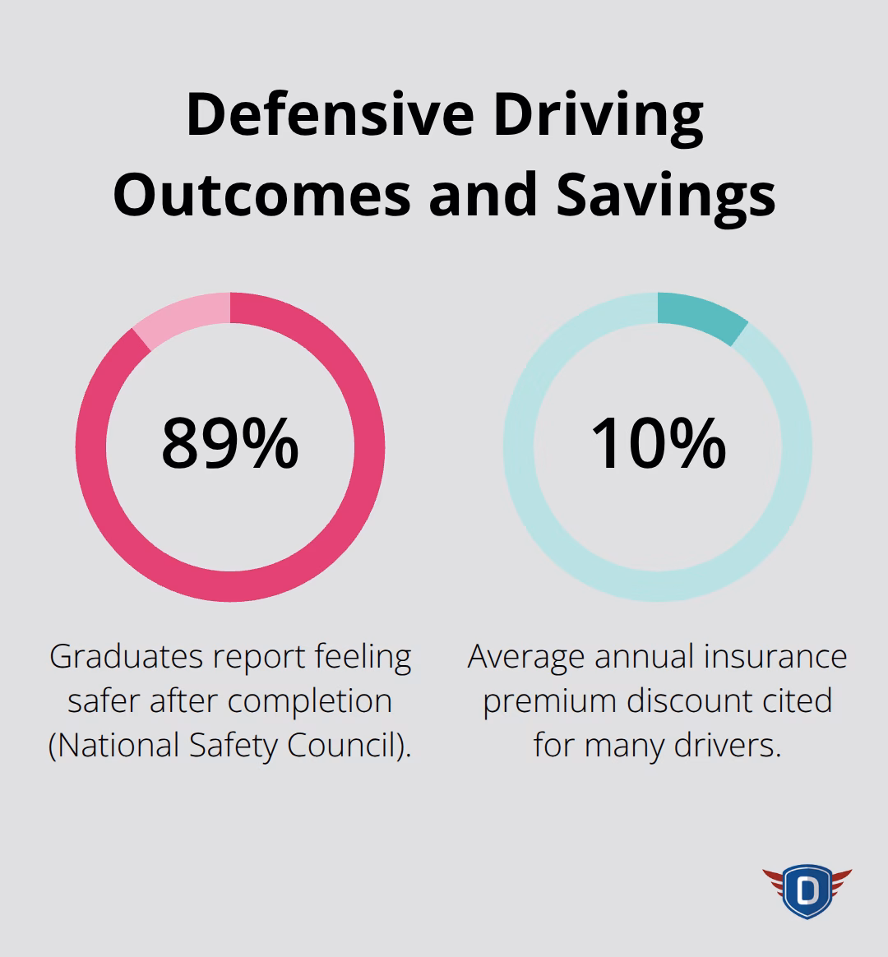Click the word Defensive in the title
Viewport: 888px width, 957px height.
[330, 114]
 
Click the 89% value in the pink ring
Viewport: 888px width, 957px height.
[229, 444]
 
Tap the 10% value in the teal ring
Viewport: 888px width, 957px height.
[658, 444]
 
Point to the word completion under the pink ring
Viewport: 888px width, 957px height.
[310, 700]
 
